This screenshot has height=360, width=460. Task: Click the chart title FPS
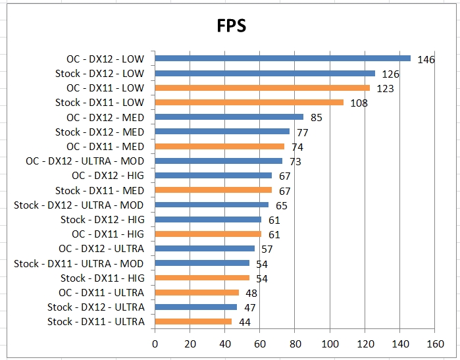point(231,26)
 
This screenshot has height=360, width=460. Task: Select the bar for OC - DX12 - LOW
point(282,59)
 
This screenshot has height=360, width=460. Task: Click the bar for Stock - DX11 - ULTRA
point(193,322)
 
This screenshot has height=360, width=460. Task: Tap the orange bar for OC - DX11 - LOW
point(262,88)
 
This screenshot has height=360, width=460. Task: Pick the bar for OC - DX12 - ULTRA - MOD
point(218,161)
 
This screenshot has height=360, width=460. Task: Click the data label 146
point(426,60)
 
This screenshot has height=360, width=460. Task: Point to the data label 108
point(359,103)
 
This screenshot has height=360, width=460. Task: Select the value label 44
point(245,322)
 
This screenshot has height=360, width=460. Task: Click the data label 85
point(317,118)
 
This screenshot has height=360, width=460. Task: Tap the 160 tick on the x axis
point(435,343)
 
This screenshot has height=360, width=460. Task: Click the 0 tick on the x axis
point(155,343)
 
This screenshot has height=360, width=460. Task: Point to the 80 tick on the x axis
point(295,343)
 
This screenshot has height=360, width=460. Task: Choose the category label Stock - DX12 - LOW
point(99,73)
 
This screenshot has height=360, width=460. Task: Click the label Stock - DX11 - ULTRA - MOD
point(79,263)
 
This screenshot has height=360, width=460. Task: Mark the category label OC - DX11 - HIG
point(108,234)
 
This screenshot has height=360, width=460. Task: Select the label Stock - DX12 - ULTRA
point(95,307)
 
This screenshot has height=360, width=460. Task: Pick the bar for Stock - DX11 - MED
point(213,190)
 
